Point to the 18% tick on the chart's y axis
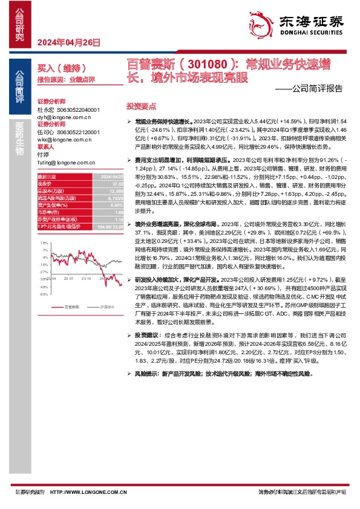click(44, 242)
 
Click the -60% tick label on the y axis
click(44, 294)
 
